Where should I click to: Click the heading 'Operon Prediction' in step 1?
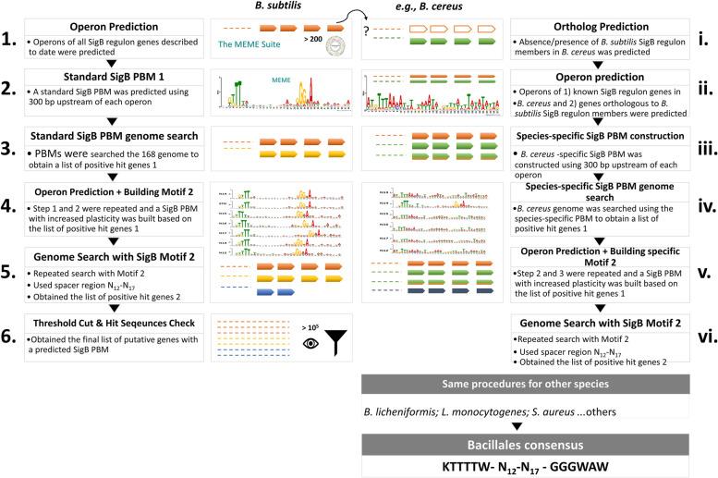coord(120,28)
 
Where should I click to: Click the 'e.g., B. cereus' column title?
coord(422,7)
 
